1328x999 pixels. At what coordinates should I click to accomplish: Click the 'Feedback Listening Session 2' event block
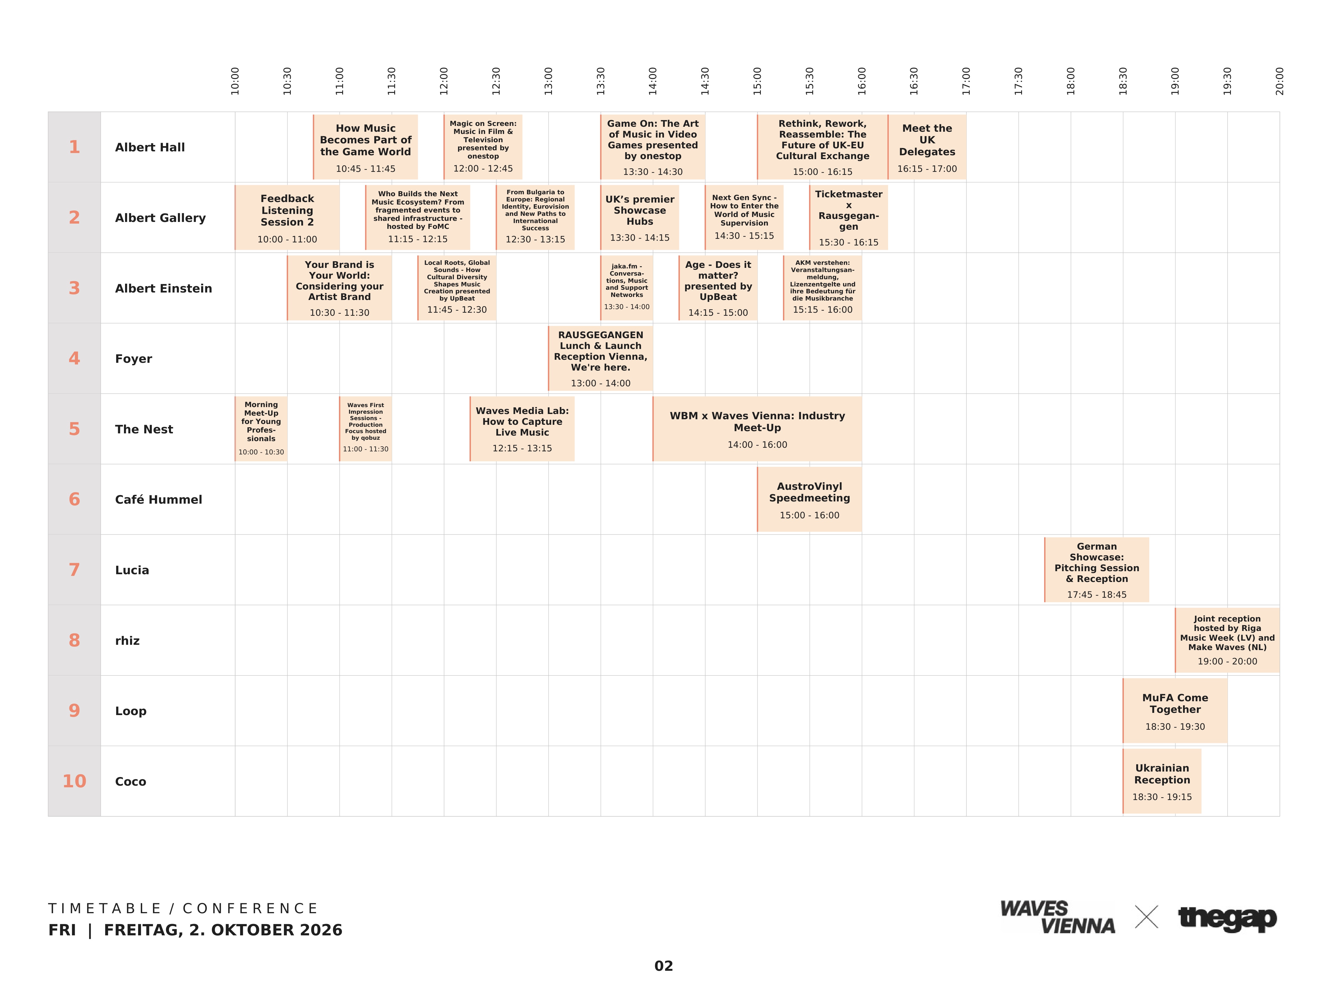point(287,217)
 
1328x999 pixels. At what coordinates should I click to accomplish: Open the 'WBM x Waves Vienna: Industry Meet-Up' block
point(757,429)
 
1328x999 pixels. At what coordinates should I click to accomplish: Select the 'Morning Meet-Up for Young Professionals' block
point(261,429)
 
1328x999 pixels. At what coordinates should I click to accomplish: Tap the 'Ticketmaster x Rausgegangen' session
point(848,217)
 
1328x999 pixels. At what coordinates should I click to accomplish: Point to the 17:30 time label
point(1018,81)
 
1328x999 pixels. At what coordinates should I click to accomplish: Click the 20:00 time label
point(1279,81)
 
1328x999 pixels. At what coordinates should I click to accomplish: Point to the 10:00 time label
point(235,81)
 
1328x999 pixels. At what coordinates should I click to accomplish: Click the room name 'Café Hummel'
point(159,499)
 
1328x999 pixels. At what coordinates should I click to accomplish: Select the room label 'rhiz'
point(127,641)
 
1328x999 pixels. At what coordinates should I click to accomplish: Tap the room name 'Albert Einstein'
point(163,288)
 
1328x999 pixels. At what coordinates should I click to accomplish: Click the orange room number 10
point(74,781)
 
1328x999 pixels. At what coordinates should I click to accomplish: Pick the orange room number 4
point(74,358)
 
